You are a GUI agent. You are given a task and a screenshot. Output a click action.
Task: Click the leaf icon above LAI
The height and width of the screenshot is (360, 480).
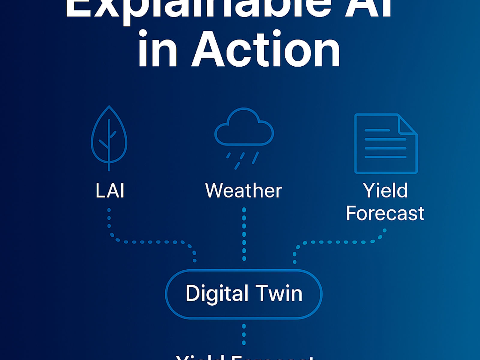(109, 138)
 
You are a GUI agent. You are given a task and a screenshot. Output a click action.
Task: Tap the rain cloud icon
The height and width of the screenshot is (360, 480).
(244, 129)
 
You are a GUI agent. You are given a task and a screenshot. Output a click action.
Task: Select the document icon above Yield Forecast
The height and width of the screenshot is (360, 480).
(385, 143)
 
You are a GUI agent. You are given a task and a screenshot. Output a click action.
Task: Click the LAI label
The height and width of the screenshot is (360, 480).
(110, 190)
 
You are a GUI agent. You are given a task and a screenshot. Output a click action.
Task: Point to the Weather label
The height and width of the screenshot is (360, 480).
(243, 190)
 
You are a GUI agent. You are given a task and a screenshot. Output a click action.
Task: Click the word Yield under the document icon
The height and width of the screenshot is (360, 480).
(385, 190)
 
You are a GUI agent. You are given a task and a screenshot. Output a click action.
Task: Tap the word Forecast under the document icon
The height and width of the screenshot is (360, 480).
(385, 213)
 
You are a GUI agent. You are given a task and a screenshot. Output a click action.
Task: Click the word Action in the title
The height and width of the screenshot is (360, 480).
(266, 49)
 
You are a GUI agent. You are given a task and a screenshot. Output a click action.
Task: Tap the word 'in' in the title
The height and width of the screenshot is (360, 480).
(157, 49)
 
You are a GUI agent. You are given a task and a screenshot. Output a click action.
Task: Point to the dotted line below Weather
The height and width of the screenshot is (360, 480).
(244, 234)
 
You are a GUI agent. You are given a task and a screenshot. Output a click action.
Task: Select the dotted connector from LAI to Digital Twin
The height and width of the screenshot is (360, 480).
(150, 242)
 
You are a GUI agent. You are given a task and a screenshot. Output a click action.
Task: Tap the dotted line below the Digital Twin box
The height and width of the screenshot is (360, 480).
(244, 334)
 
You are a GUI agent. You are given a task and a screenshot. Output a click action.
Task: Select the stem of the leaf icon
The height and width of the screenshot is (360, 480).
(109, 150)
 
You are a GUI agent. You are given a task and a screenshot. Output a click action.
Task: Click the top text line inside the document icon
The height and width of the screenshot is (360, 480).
(377, 130)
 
